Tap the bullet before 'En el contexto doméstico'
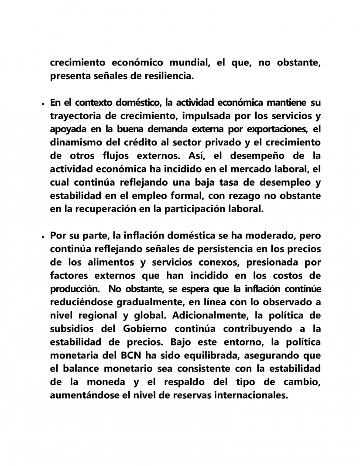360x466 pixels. tap(43, 104)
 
